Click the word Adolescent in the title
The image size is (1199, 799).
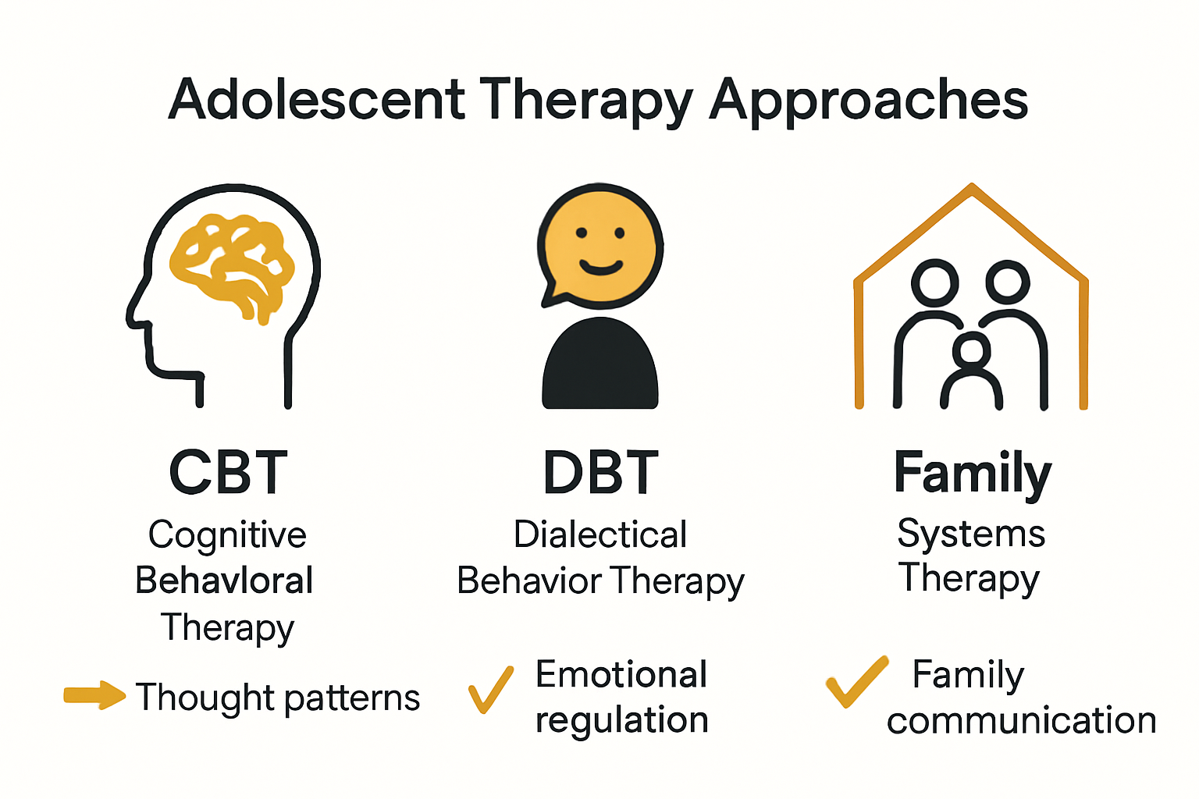click(317, 100)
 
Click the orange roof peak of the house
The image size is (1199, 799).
click(971, 189)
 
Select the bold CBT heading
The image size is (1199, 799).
click(228, 473)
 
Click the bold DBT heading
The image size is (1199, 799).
click(600, 473)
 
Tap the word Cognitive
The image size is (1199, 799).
click(227, 535)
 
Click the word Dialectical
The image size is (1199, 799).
click(600, 535)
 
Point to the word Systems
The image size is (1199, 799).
click(971, 534)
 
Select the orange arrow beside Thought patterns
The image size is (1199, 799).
click(94, 695)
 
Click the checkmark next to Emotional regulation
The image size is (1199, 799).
click(490, 689)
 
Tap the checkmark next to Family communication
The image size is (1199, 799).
click(856, 681)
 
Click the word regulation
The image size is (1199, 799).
click(621, 720)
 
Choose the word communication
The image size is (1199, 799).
click(1021, 720)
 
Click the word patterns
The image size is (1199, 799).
click(351, 698)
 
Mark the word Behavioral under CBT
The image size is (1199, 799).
click(224, 581)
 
